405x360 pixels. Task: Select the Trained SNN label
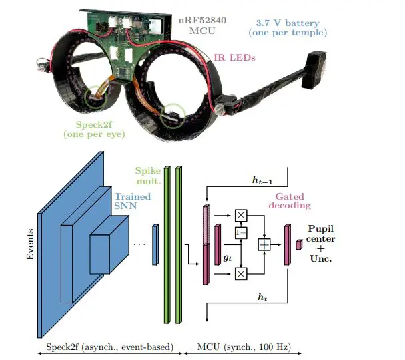tap(131, 202)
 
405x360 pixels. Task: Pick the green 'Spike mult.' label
tap(148, 176)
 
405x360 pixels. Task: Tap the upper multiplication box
tap(240, 214)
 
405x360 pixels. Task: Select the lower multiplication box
tap(240, 273)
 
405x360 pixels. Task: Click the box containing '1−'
tap(240, 232)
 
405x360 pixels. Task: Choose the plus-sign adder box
tap(264, 245)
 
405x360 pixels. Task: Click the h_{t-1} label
tap(260, 180)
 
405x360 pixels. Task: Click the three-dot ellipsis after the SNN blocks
tap(139, 244)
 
